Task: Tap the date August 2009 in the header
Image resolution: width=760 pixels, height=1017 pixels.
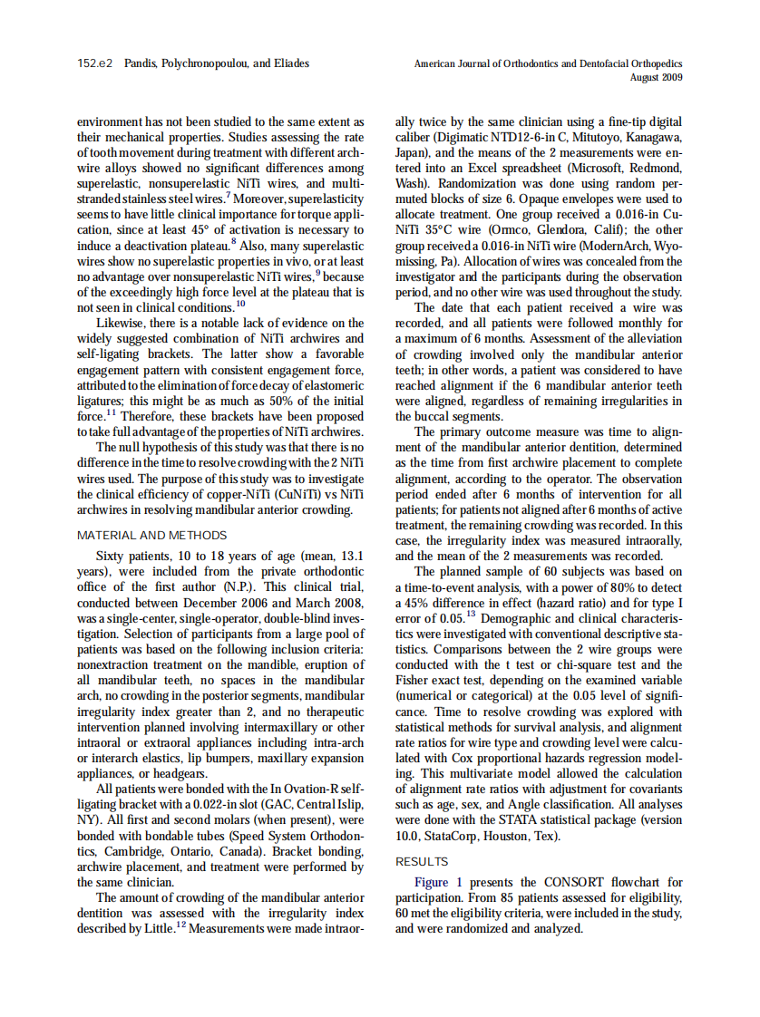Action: (x=656, y=77)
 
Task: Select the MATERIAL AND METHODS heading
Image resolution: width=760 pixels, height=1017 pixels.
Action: (x=151, y=536)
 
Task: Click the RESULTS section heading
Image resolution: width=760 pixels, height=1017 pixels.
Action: (x=422, y=861)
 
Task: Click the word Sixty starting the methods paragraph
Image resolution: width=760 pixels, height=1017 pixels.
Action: (x=112, y=555)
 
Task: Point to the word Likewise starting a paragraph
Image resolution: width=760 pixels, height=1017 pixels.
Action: (x=121, y=324)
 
